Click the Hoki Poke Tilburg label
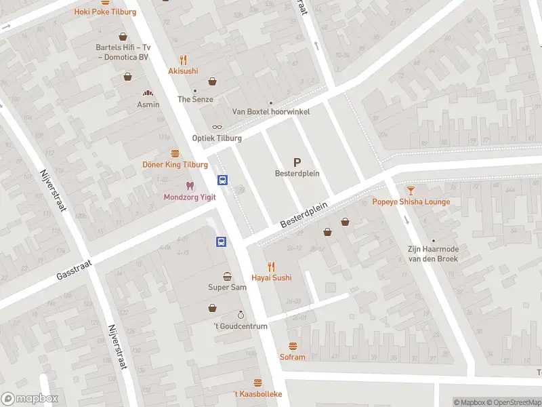tap(105, 12)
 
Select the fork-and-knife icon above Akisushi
tap(183, 59)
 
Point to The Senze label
tap(195, 99)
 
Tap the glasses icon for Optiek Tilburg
tap(217, 127)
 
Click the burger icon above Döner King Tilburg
tap(175, 153)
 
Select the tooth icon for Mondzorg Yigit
tap(190, 186)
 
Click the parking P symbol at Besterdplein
tap(297, 162)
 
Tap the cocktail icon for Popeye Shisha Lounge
tap(411, 191)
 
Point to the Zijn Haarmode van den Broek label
tap(433, 254)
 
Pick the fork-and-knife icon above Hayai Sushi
tap(272, 266)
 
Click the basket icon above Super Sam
tap(227, 276)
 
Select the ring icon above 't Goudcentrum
tap(240, 315)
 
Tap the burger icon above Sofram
tap(293, 346)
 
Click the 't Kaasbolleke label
tap(257, 394)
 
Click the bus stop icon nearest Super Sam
tap(222, 241)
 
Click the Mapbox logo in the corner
tap(30, 399)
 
